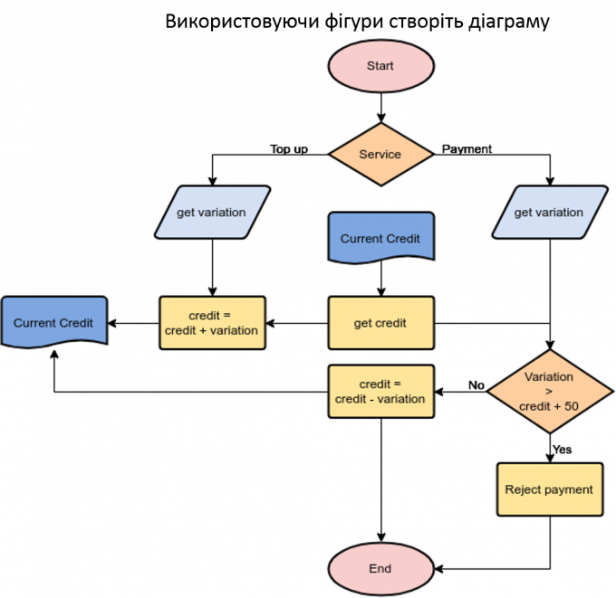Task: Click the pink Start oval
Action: click(380, 66)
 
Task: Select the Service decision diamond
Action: click(380, 154)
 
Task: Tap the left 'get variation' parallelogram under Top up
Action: click(212, 213)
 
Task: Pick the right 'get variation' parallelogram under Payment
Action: click(549, 213)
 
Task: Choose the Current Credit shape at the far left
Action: click(53, 323)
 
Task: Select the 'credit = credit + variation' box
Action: click(212, 323)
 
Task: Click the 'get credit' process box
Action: click(380, 323)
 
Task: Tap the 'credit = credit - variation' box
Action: click(380, 392)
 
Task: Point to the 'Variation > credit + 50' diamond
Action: click(549, 392)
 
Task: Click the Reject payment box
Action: click(549, 489)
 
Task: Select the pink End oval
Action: click(380, 568)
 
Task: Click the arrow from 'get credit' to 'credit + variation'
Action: click(296, 323)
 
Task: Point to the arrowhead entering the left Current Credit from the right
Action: click(113, 323)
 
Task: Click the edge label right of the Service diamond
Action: click(465, 148)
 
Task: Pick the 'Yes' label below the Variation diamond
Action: click(561, 450)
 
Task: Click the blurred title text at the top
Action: click(357, 23)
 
